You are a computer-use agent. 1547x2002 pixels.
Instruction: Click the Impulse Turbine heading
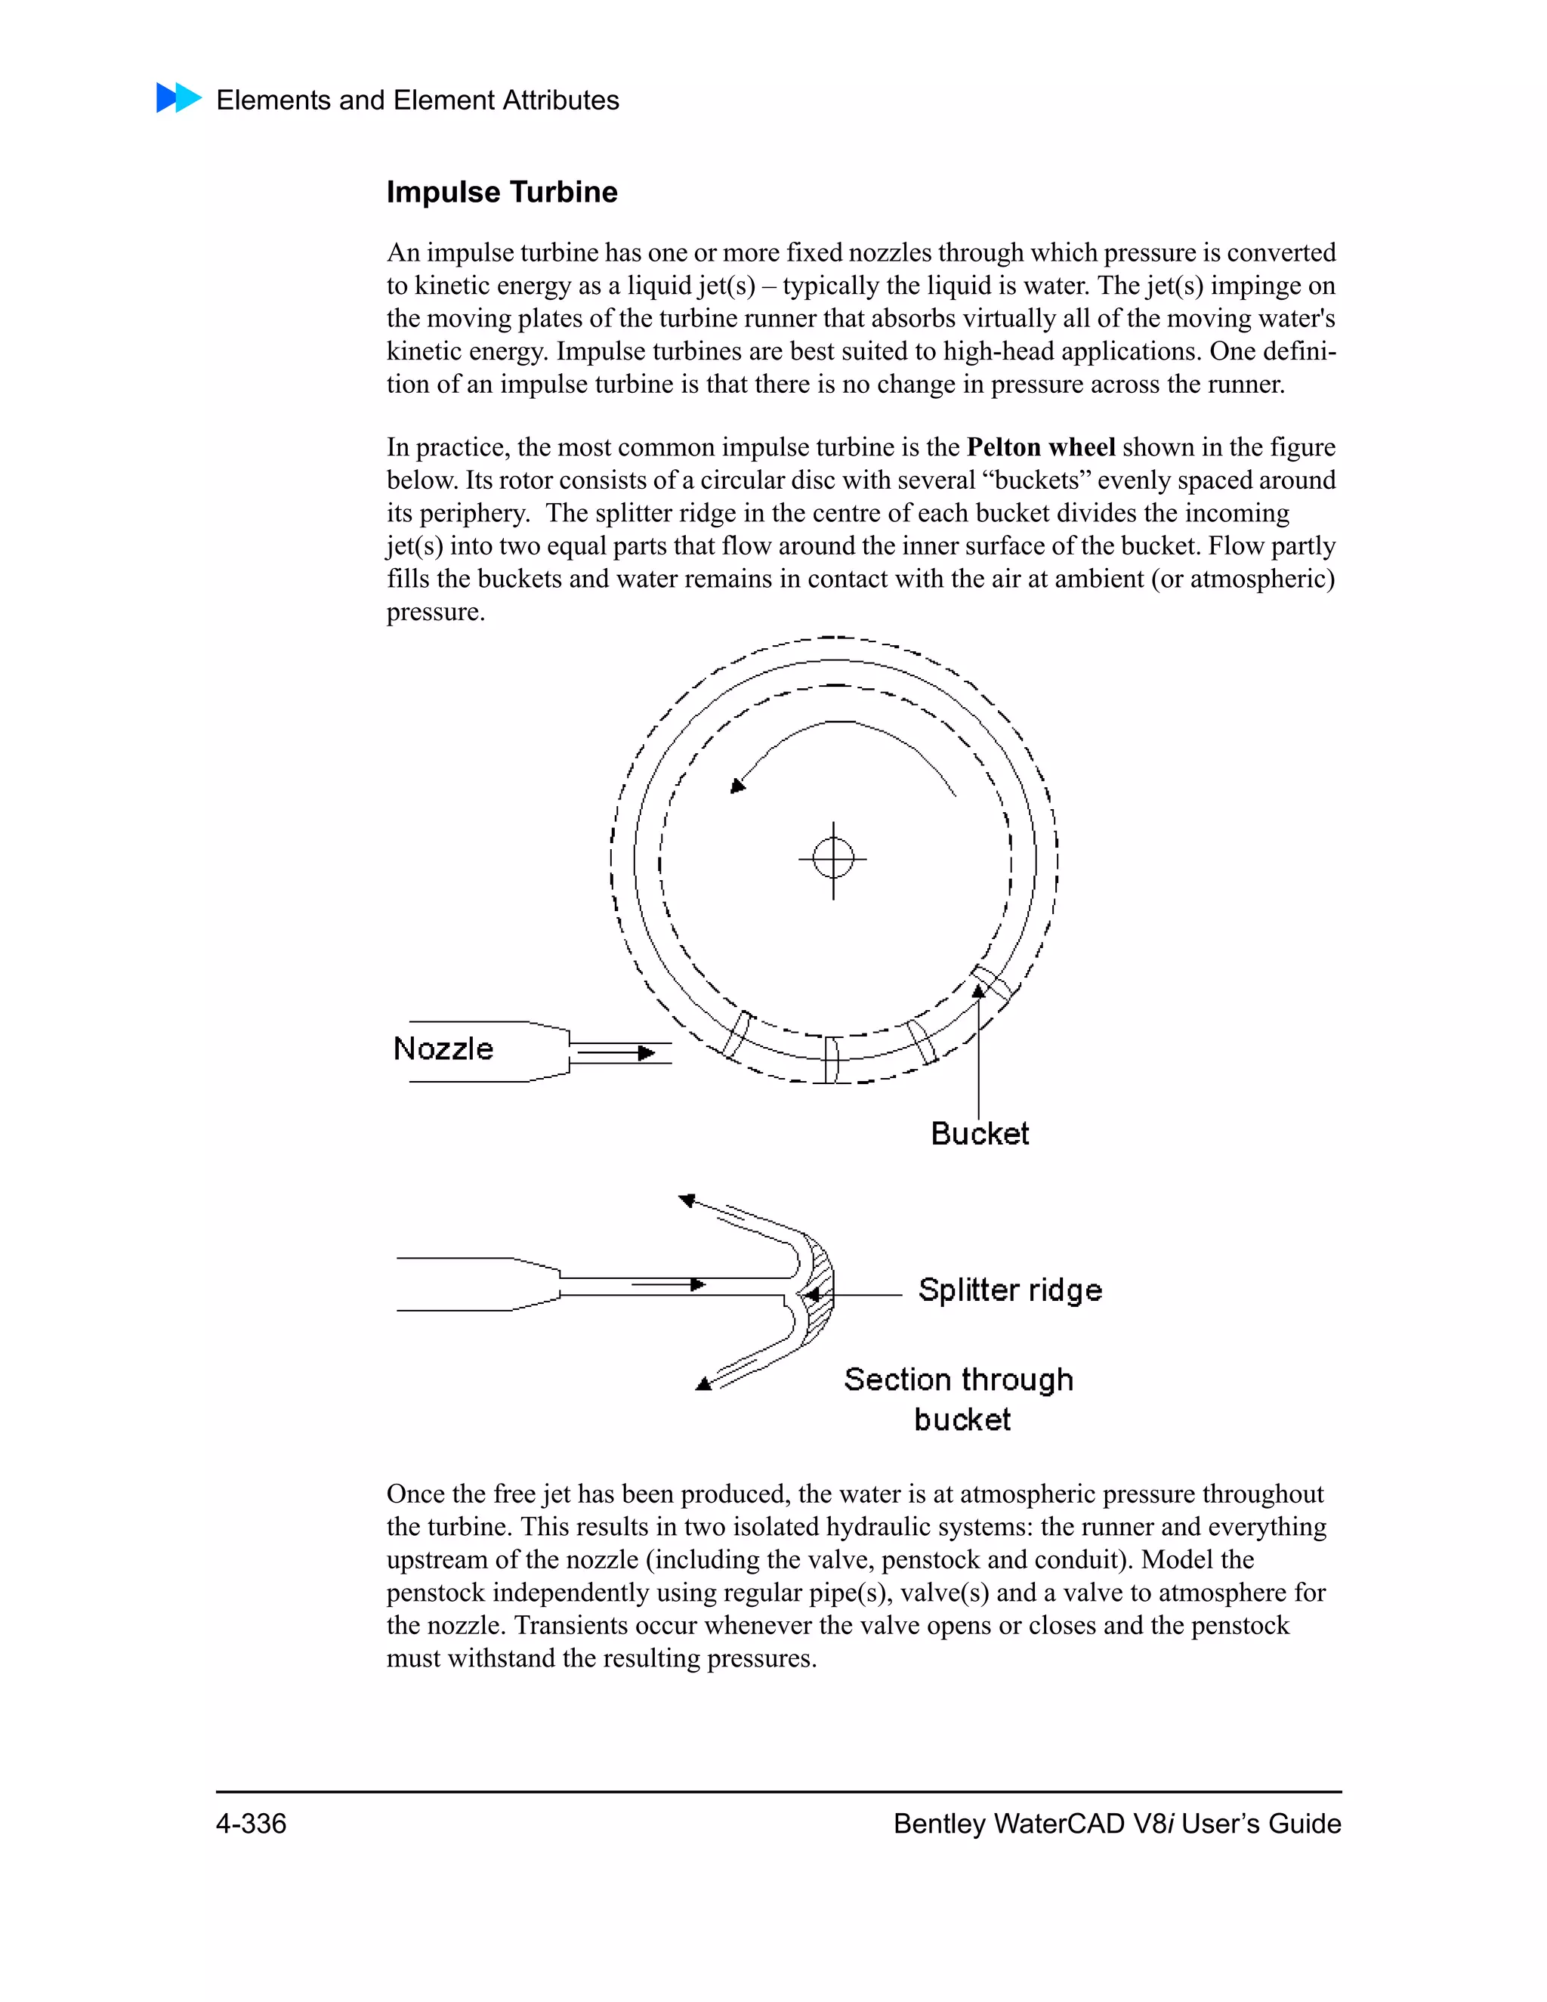coord(502,192)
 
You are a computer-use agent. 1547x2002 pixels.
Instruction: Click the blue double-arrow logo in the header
coord(178,97)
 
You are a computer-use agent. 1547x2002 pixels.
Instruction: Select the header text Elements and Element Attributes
coord(417,100)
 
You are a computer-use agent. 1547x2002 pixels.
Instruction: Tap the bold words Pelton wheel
coord(1040,447)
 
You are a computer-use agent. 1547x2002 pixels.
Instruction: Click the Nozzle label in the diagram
coord(443,1049)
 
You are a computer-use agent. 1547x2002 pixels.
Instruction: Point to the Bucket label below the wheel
coord(979,1134)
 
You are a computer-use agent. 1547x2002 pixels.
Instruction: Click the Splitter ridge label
coord(1009,1290)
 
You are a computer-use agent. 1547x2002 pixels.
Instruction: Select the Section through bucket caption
coord(959,1399)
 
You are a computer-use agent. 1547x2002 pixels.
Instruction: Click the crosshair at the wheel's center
coord(833,859)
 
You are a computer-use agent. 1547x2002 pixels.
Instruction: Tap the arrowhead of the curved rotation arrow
coord(736,786)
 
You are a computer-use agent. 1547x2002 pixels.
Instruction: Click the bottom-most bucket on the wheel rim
coord(831,1061)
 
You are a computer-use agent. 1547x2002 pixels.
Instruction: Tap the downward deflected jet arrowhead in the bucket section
coord(704,1384)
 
